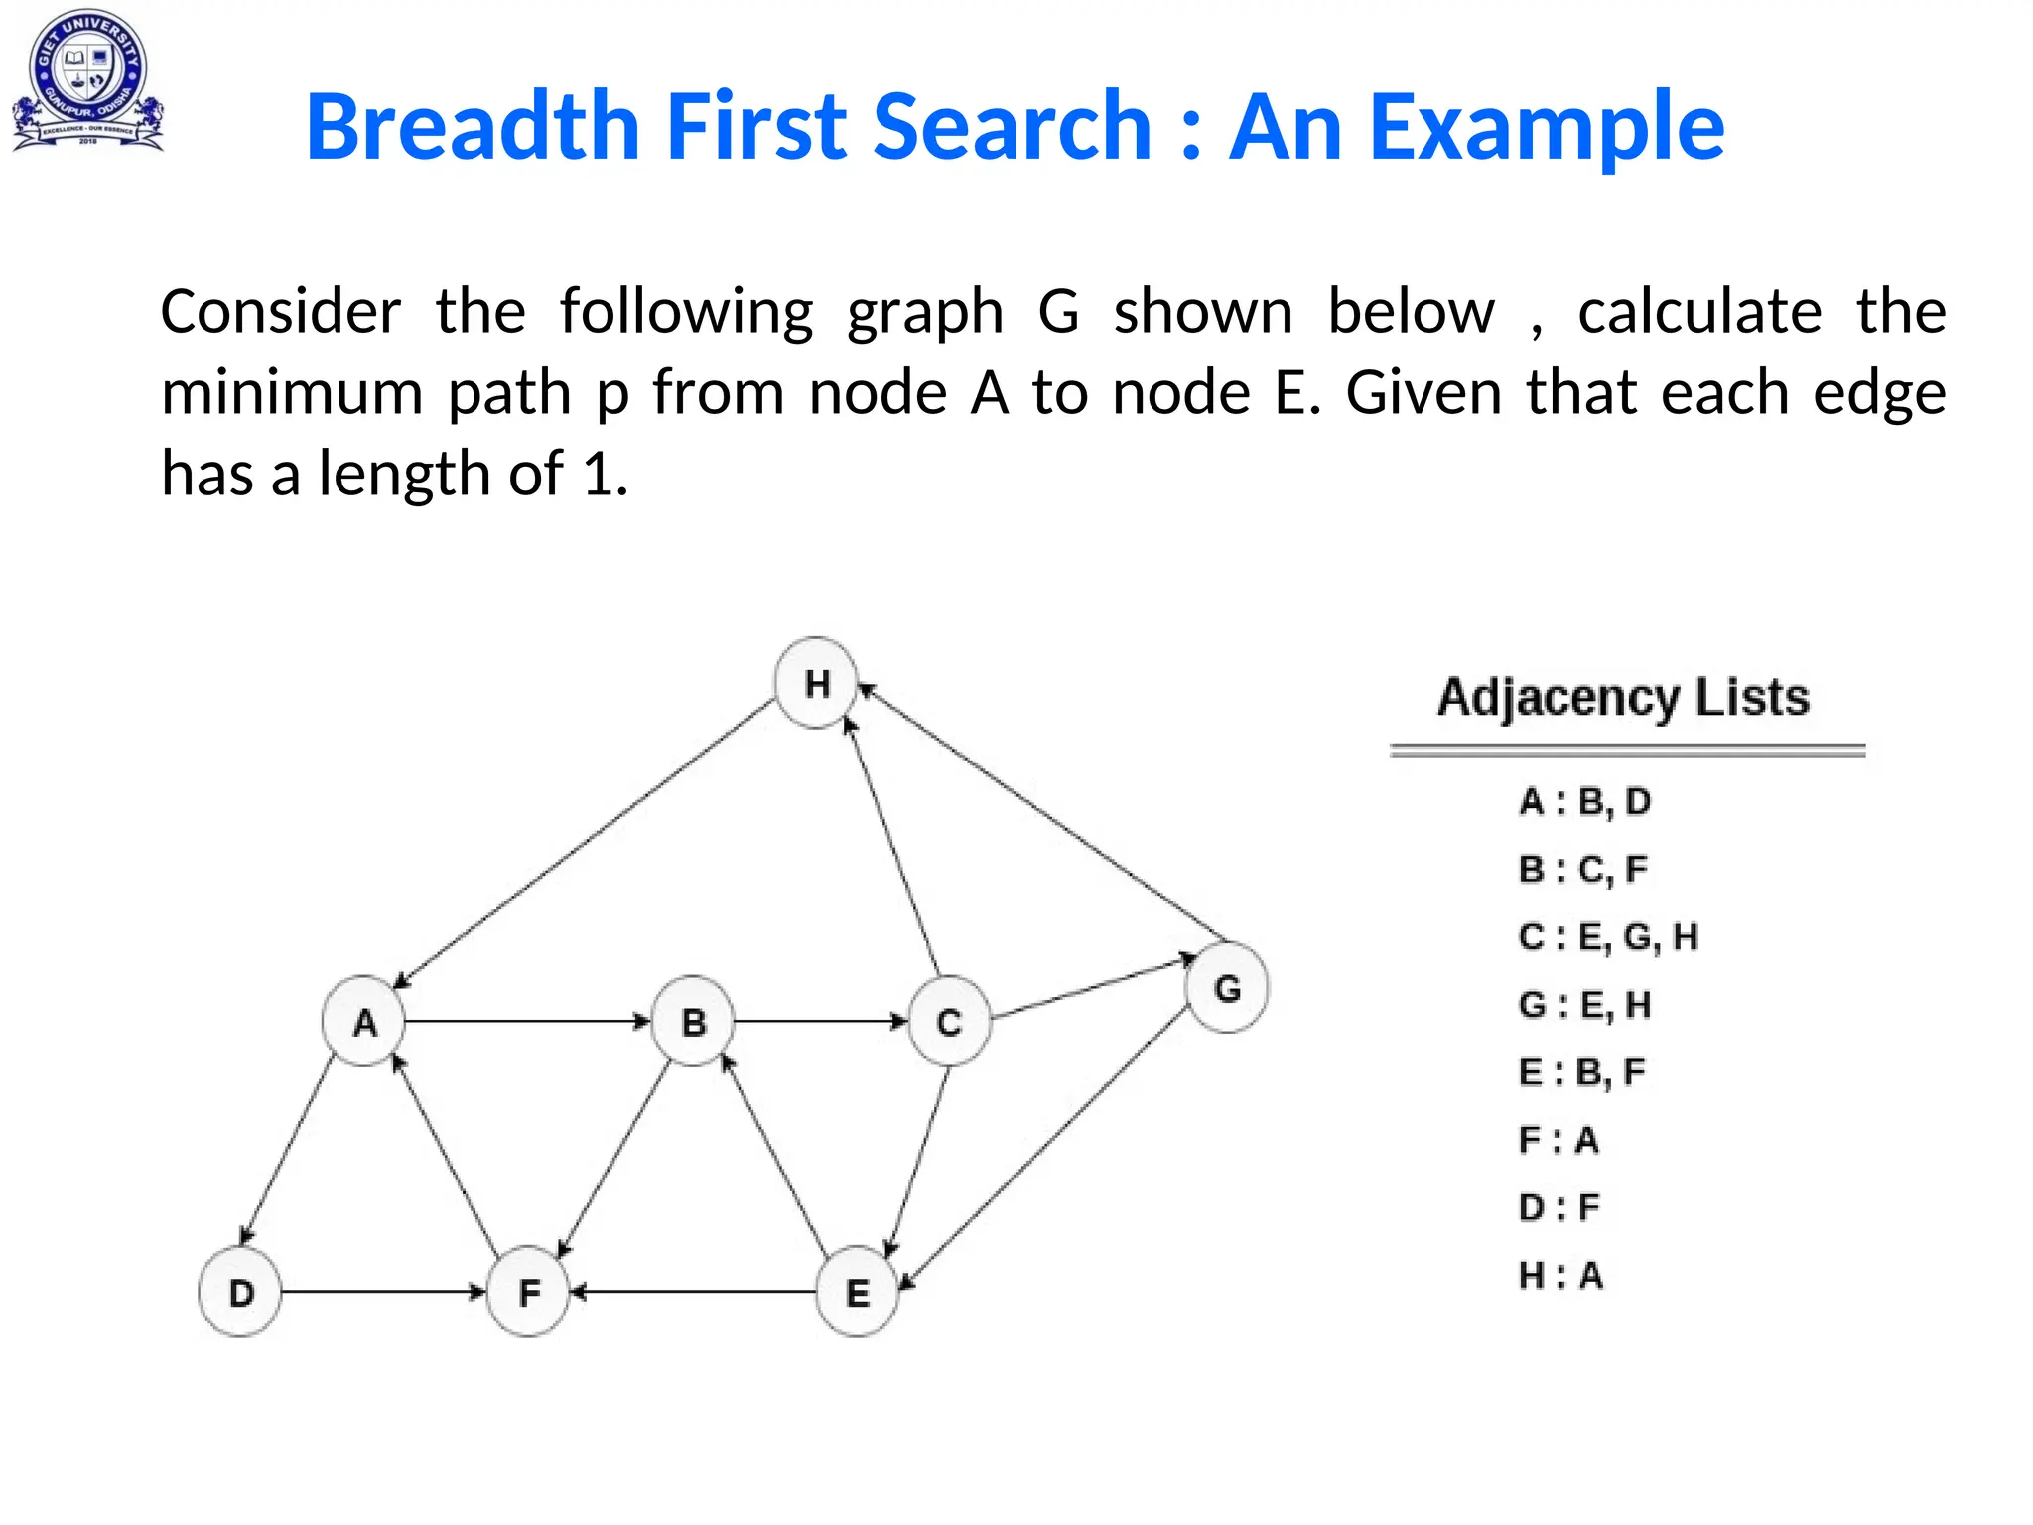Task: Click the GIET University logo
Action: pyautogui.click(x=87, y=81)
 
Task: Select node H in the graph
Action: pyautogui.click(x=816, y=683)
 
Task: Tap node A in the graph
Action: pyautogui.click(x=364, y=1021)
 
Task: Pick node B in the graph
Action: pyautogui.click(x=693, y=1021)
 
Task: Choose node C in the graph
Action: pyautogui.click(x=949, y=1021)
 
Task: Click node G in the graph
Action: pyautogui.click(x=1227, y=988)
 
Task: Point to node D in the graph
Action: pyautogui.click(x=240, y=1292)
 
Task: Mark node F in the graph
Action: pyautogui.click(x=529, y=1292)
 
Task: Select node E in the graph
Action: pyautogui.click(x=857, y=1292)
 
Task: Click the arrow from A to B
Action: pyautogui.click(x=526, y=1021)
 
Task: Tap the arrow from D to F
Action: pyautogui.click(x=382, y=1292)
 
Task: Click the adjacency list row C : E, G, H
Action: pyautogui.click(x=1608, y=936)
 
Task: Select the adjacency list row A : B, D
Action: pyautogui.click(x=1584, y=801)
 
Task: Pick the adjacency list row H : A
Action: pyautogui.click(x=1560, y=1275)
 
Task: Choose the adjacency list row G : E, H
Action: pyautogui.click(x=1584, y=1005)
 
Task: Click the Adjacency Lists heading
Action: pyautogui.click(x=1624, y=697)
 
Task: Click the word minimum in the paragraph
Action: pyautogui.click(x=292, y=392)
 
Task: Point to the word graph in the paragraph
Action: pyautogui.click(x=924, y=313)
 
